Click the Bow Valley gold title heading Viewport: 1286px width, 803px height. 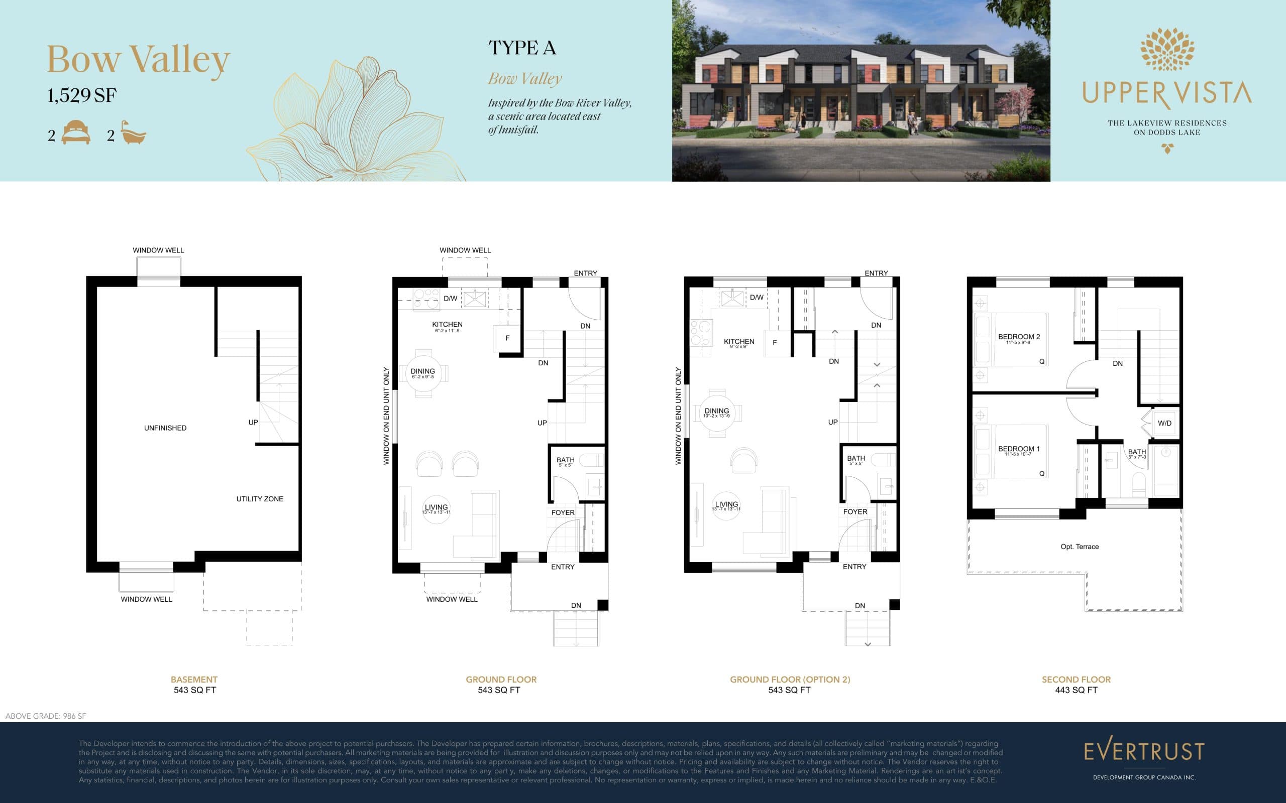[139, 60]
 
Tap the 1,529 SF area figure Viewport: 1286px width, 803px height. [82, 95]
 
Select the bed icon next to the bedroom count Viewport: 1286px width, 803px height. [76, 133]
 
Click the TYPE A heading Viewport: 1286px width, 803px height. [522, 48]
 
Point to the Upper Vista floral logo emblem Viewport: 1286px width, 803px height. [1167, 49]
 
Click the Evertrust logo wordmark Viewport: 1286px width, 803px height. [1144, 751]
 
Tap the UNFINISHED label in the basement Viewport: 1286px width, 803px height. [165, 428]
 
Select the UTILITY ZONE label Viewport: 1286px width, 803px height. [260, 499]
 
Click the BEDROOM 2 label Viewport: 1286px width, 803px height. [1019, 337]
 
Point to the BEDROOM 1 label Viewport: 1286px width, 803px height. [1019, 449]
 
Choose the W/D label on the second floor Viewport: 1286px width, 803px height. [1164, 423]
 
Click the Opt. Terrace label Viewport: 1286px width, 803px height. [1079, 547]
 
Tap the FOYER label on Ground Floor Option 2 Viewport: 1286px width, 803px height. [855, 512]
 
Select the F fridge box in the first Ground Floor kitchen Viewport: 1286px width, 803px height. [507, 338]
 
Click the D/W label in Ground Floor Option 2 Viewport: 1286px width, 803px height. [756, 298]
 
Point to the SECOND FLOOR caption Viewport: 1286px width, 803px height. [1076, 679]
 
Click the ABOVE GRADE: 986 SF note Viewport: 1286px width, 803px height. [46, 716]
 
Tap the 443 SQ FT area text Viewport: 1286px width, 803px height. [1076, 691]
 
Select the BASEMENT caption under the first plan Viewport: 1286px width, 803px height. [194, 679]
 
